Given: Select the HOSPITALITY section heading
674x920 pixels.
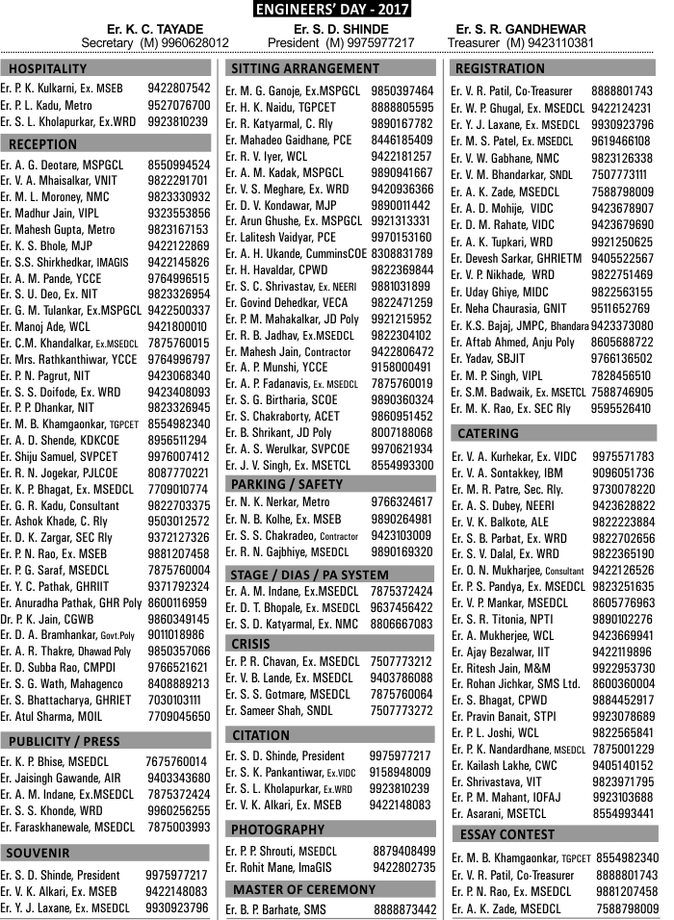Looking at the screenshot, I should click(x=48, y=69).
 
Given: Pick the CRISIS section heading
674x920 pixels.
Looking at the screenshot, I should click(x=251, y=644).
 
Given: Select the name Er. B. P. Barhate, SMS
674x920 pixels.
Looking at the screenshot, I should click(x=275, y=909).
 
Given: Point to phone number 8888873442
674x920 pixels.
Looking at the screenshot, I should click(x=404, y=909).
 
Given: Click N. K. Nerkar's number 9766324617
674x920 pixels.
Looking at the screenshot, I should click(x=402, y=501).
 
